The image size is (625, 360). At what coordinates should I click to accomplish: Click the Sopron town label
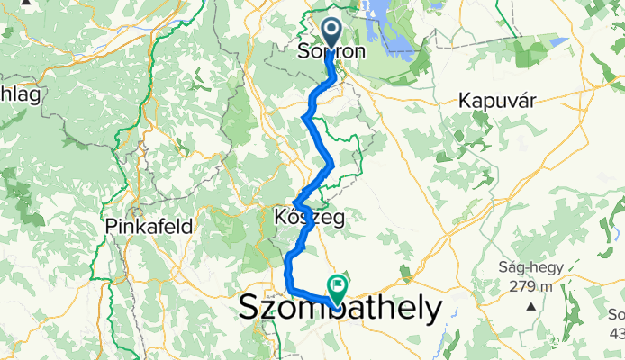coord(331,52)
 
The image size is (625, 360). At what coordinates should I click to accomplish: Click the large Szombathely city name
coord(341,309)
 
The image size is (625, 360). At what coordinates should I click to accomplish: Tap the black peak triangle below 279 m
coord(531,306)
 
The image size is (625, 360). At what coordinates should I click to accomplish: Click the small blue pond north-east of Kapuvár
coord(558,41)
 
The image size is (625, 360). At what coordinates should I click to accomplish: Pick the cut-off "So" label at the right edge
coord(616,315)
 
